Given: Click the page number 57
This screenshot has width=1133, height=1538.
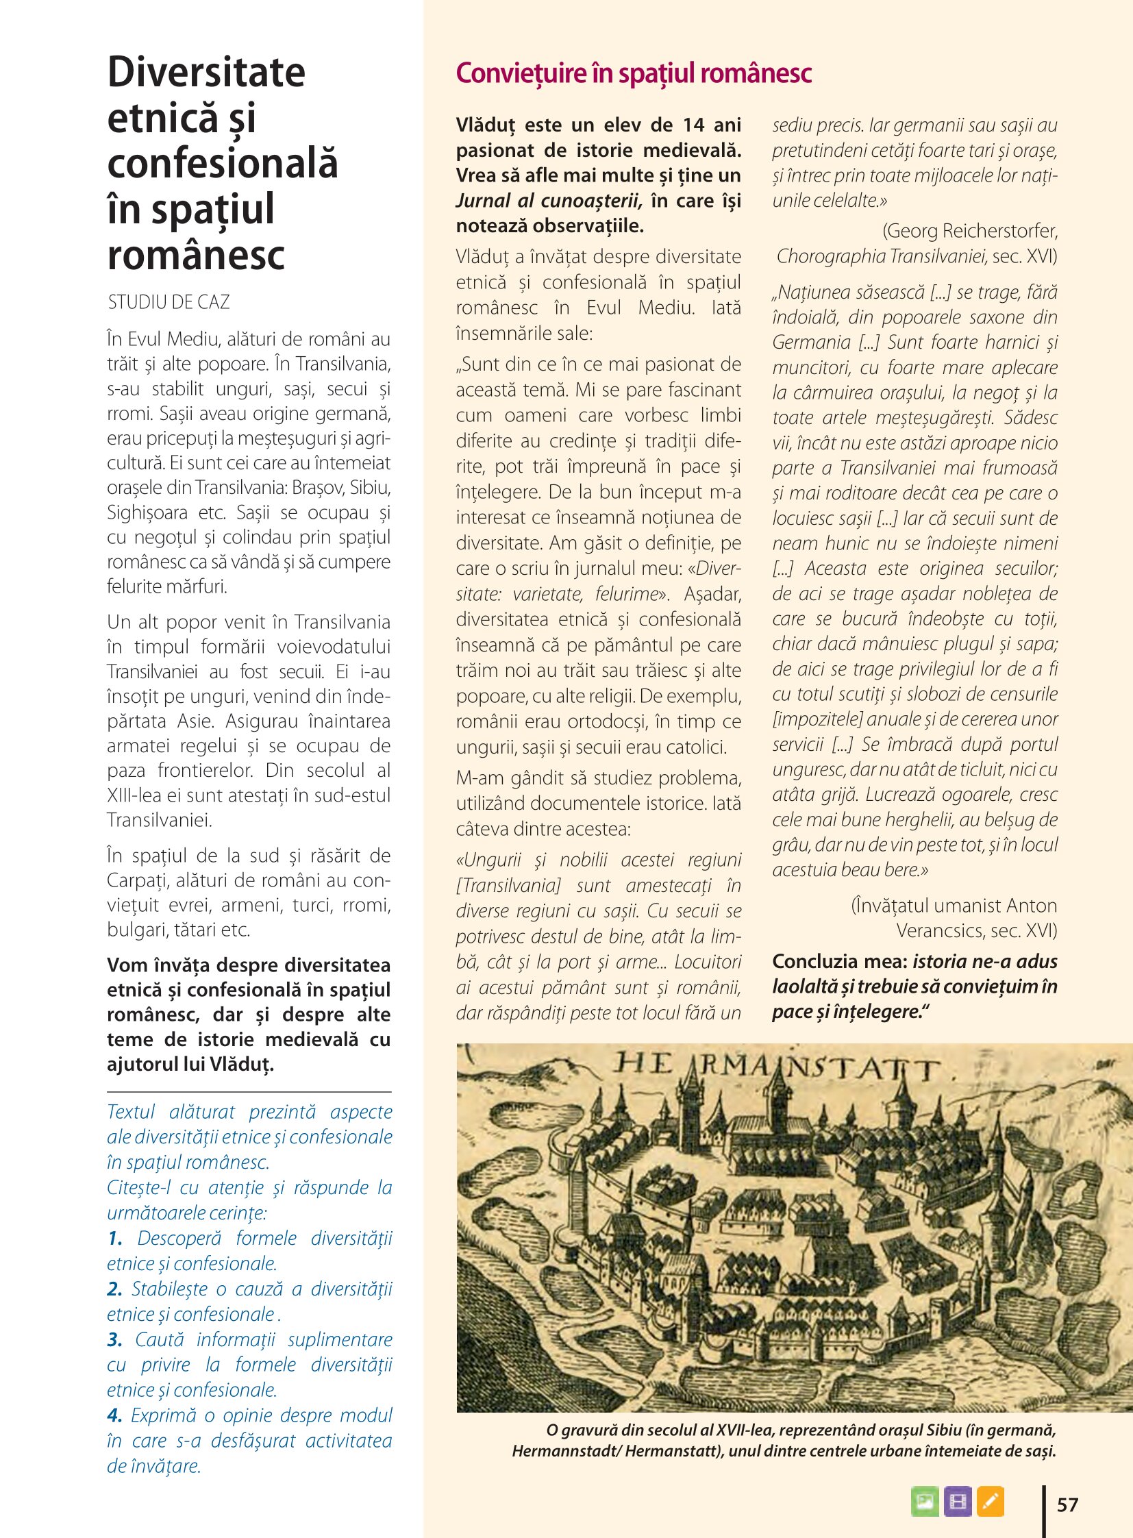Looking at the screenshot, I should (x=1067, y=1504).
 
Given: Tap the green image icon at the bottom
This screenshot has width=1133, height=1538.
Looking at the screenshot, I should (x=925, y=1502).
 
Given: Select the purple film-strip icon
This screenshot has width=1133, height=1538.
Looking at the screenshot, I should (x=957, y=1502).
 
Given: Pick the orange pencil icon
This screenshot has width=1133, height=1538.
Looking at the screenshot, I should (x=990, y=1502).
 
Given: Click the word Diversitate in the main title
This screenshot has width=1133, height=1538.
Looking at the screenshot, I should (x=206, y=72).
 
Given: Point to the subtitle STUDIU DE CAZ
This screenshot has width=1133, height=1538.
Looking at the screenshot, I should (x=169, y=303).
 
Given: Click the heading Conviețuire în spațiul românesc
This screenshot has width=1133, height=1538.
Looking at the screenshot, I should (x=633, y=73).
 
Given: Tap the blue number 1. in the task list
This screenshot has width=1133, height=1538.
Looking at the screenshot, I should (x=114, y=1238).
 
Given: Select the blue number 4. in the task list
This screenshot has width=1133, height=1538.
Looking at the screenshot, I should (x=114, y=1415).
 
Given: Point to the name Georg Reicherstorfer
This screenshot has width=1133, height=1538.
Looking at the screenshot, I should (x=970, y=230).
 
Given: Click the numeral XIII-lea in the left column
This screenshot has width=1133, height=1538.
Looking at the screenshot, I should (x=134, y=796).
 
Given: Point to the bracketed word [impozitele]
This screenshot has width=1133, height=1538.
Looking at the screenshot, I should (x=817, y=719).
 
